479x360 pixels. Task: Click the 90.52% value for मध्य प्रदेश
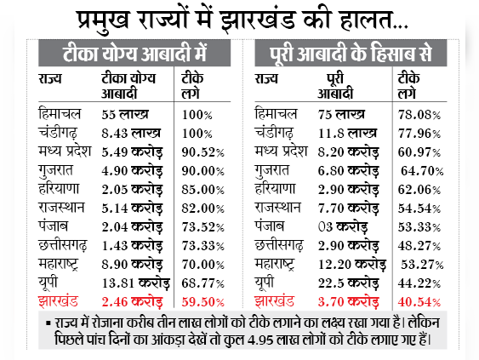tap(202, 152)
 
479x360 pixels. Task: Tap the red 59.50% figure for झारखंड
tap(202, 302)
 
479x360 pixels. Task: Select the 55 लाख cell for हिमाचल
tap(125, 114)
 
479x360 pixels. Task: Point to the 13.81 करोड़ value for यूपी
tap(135, 283)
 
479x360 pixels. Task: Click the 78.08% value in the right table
tap(419, 115)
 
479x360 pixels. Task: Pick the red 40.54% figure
tap(419, 302)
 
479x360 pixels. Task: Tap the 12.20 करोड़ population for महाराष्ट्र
tap(352, 265)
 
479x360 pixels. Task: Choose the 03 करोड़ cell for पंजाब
tap(343, 227)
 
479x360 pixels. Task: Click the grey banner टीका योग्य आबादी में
tap(134, 53)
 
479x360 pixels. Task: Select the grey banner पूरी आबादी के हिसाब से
tap(351, 53)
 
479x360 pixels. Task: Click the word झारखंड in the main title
tap(258, 20)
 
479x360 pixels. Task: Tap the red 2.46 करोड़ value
tap(132, 302)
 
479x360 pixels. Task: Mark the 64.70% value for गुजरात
tap(422, 171)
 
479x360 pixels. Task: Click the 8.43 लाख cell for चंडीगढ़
tap(131, 134)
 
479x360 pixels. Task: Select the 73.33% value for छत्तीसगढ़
tap(202, 246)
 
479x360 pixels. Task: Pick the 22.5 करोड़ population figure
tap(349, 283)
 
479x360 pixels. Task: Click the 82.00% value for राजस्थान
tap(202, 209)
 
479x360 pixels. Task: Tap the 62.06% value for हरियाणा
tap(419, 190)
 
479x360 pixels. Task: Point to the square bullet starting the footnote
tap(48, 323)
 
